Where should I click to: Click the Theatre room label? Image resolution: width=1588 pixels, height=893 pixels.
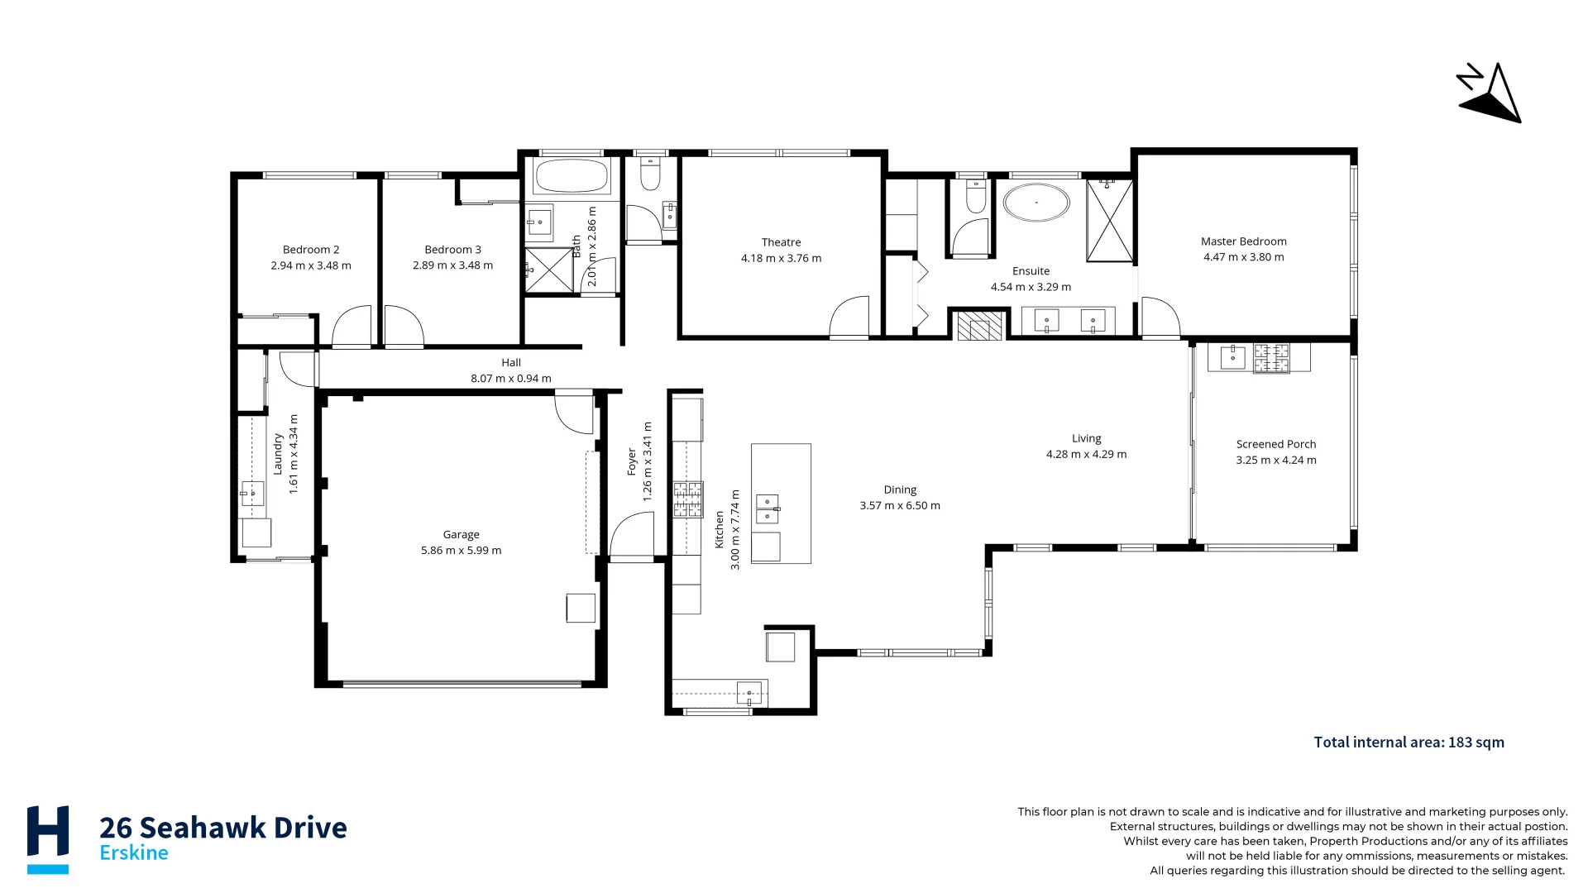[781, 242]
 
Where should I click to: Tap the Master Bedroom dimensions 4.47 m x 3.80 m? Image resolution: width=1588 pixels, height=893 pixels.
[1243, 257]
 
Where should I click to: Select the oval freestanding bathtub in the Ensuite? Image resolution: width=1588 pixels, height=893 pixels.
[1036, 203]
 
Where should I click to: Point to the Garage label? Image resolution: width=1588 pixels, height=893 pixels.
[461, 535]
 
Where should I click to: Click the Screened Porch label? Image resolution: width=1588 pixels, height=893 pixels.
[1275, 444]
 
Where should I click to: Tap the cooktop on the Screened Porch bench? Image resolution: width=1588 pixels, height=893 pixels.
[1271, 358]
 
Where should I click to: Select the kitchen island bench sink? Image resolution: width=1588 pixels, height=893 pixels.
[768, 509]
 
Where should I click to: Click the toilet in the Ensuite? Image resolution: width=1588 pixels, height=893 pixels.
[976, 197]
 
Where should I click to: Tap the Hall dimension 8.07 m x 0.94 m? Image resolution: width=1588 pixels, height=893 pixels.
[510, 379]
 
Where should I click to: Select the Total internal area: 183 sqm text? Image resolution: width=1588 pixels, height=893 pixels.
[1409, 743]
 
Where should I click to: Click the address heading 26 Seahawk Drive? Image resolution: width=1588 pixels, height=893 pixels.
[223, 827]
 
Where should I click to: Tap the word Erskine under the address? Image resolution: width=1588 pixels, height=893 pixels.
[134, 853]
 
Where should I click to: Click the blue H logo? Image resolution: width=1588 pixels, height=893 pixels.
[48, 837]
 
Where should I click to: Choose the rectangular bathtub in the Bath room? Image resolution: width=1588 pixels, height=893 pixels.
[572, 176]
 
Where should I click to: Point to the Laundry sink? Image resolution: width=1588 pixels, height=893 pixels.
[252, 494]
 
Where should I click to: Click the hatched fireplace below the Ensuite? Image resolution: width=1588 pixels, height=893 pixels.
[979, 325]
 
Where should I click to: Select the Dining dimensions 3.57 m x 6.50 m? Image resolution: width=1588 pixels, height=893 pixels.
[899, 506]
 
